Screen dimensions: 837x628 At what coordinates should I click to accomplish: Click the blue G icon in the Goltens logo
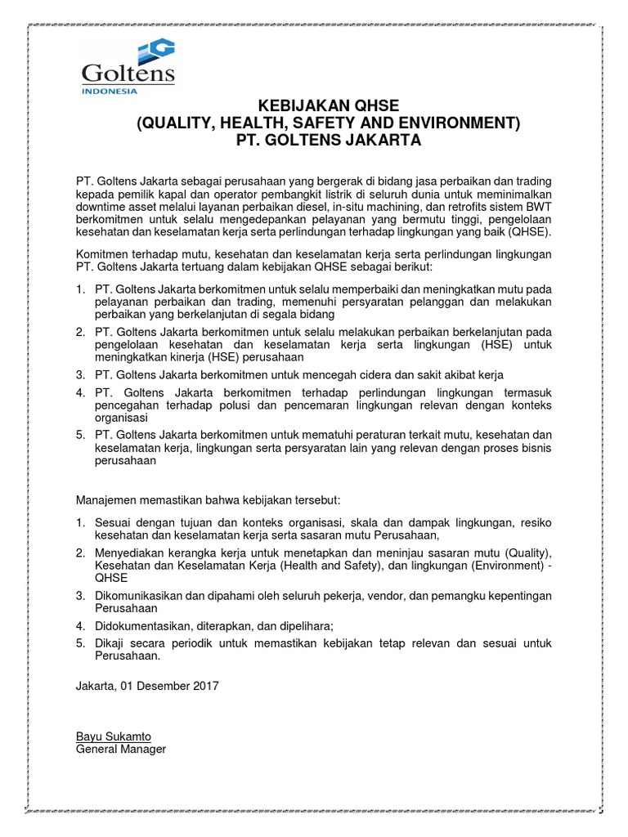coord(156,51)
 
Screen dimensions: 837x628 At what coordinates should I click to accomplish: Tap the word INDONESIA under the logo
coord(110,92)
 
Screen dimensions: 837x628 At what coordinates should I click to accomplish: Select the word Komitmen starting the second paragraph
coord(104,255)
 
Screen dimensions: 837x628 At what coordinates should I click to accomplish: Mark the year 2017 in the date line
coord(204,686)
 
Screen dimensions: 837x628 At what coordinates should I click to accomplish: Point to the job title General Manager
coord(120,748)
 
